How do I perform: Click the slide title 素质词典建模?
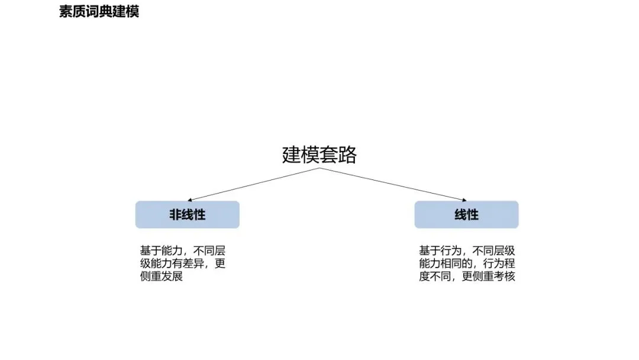[x=99, y=12]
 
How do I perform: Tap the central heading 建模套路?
[x=319, y=155]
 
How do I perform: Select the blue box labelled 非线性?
[x=187, y=214]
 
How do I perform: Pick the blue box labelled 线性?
[x=466, y=214]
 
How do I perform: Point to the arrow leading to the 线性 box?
[x=393, y=184]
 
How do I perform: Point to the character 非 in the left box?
[x=175, y=214]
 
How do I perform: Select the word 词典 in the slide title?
[x=99, y=12]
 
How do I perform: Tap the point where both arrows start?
[x=319, y=168]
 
